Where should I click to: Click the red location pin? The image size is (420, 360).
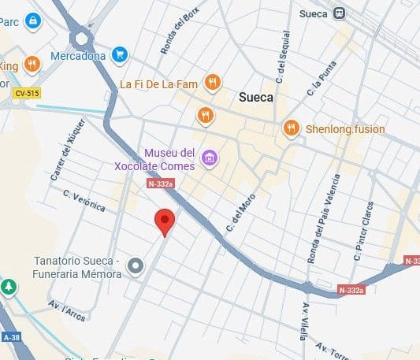coord(164,221)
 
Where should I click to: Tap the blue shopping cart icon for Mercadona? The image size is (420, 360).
coord(119,54)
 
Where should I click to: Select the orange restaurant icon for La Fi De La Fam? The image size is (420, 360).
coord(211,82)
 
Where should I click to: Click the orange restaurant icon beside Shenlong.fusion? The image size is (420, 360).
coord(292,128)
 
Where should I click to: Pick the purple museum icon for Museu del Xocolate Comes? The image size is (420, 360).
coord(209,158)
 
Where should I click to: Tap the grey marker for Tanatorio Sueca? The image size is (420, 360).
coord(136,267)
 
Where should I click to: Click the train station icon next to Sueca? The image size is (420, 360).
coord(340,13)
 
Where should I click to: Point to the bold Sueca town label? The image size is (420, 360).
coord(255,98)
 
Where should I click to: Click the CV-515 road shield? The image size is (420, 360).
coord(27,94)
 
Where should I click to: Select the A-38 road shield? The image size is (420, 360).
coord(11,336)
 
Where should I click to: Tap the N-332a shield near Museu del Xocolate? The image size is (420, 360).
coord(159,184)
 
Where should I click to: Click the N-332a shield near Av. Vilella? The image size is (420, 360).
coord(351,290)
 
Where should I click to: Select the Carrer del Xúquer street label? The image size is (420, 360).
coord(66,154)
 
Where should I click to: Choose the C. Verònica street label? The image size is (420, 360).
coord(84,201)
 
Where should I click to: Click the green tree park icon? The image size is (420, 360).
coord(9,287)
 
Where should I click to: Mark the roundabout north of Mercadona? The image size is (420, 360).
coord(81,37)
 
